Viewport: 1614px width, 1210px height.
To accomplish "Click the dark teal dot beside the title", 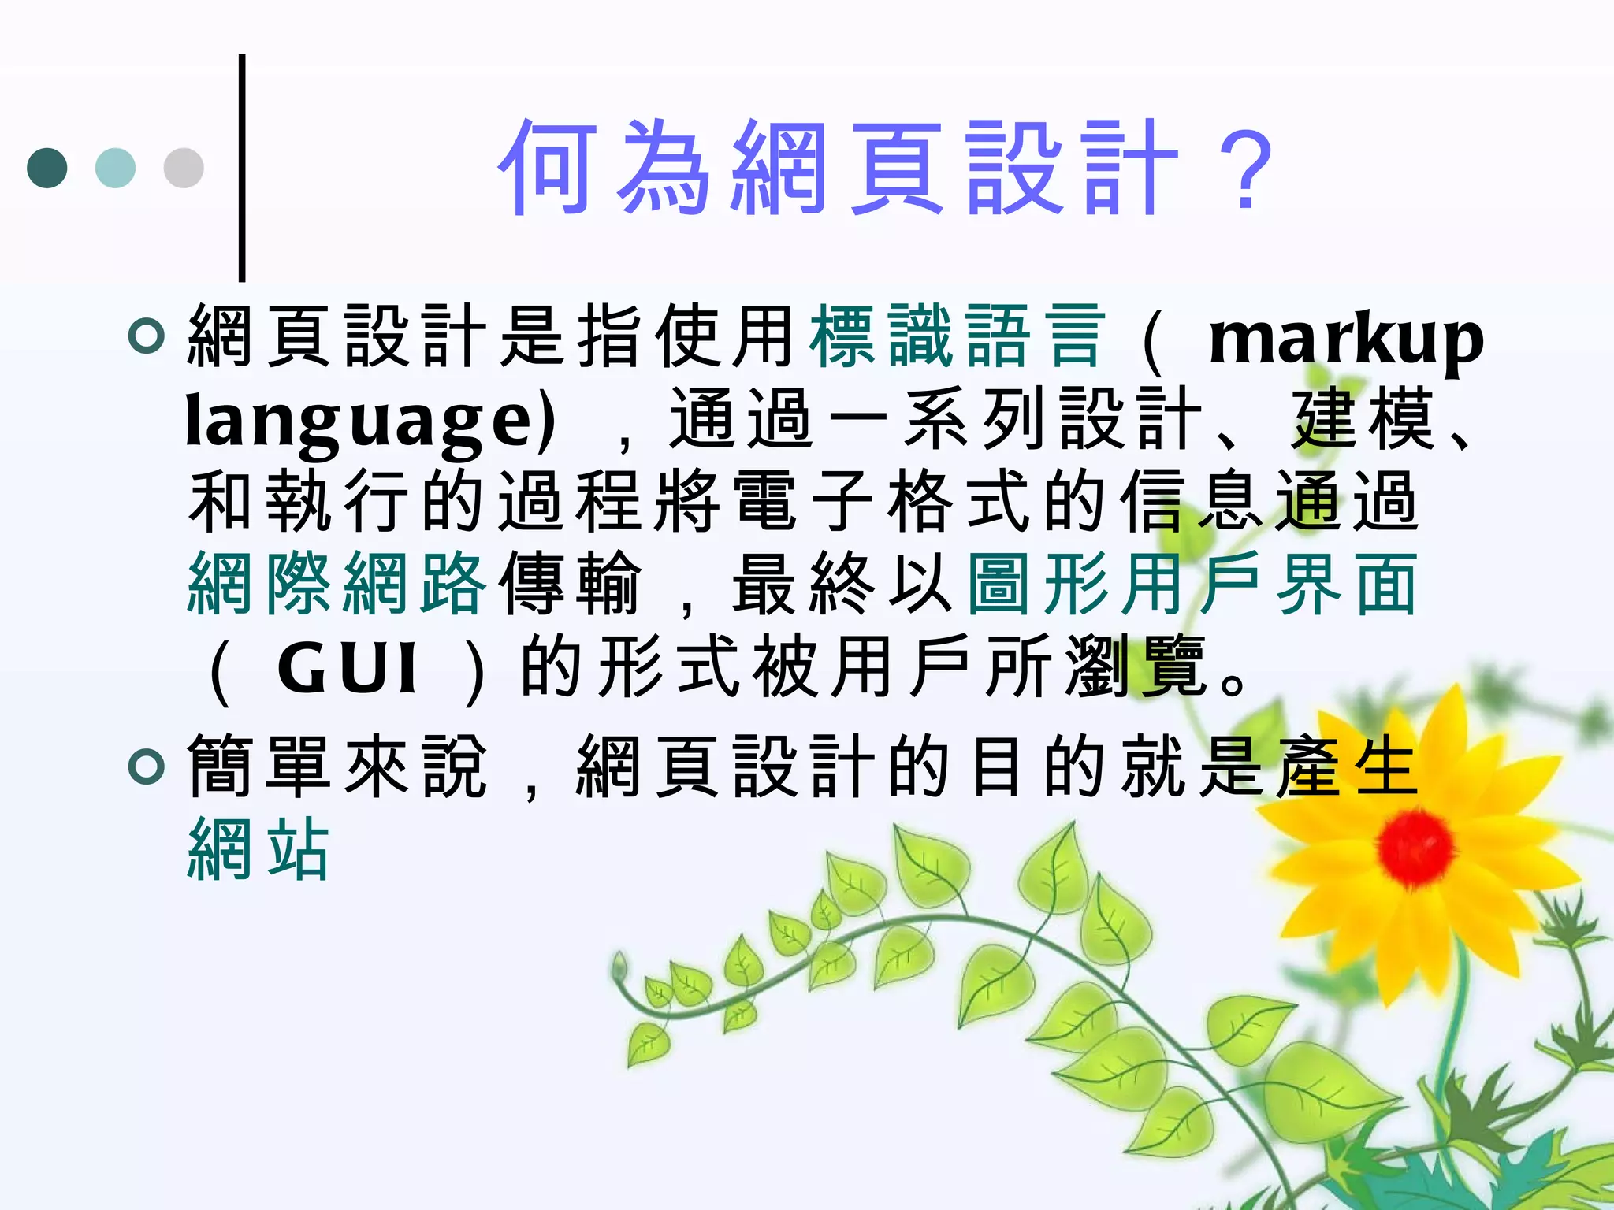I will tap(47, 168).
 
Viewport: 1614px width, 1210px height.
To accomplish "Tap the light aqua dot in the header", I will tap(115, 168).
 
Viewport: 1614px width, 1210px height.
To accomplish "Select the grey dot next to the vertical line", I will tap(184, 168).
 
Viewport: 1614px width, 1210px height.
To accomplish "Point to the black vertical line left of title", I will tap(242, 167).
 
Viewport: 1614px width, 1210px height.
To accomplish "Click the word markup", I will tap(1345, 340).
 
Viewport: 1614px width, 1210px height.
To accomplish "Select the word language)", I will tap(370, 422).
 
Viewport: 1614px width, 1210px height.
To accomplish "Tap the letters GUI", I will tap(347, 669).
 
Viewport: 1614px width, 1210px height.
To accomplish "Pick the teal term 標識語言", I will tap(958, 337).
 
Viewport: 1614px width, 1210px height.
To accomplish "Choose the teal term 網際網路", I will tap(338, 584).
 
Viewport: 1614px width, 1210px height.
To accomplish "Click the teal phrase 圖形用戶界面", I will tap(1192, 584).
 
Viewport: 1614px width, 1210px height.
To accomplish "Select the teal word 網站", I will tap(258, 848).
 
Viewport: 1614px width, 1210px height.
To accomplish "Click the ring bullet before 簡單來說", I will tap(147, 766).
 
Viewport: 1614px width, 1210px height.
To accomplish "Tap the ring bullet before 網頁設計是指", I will tap(147, 336).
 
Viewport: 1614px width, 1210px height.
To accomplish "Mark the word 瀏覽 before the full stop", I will tap(1136, 667).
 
